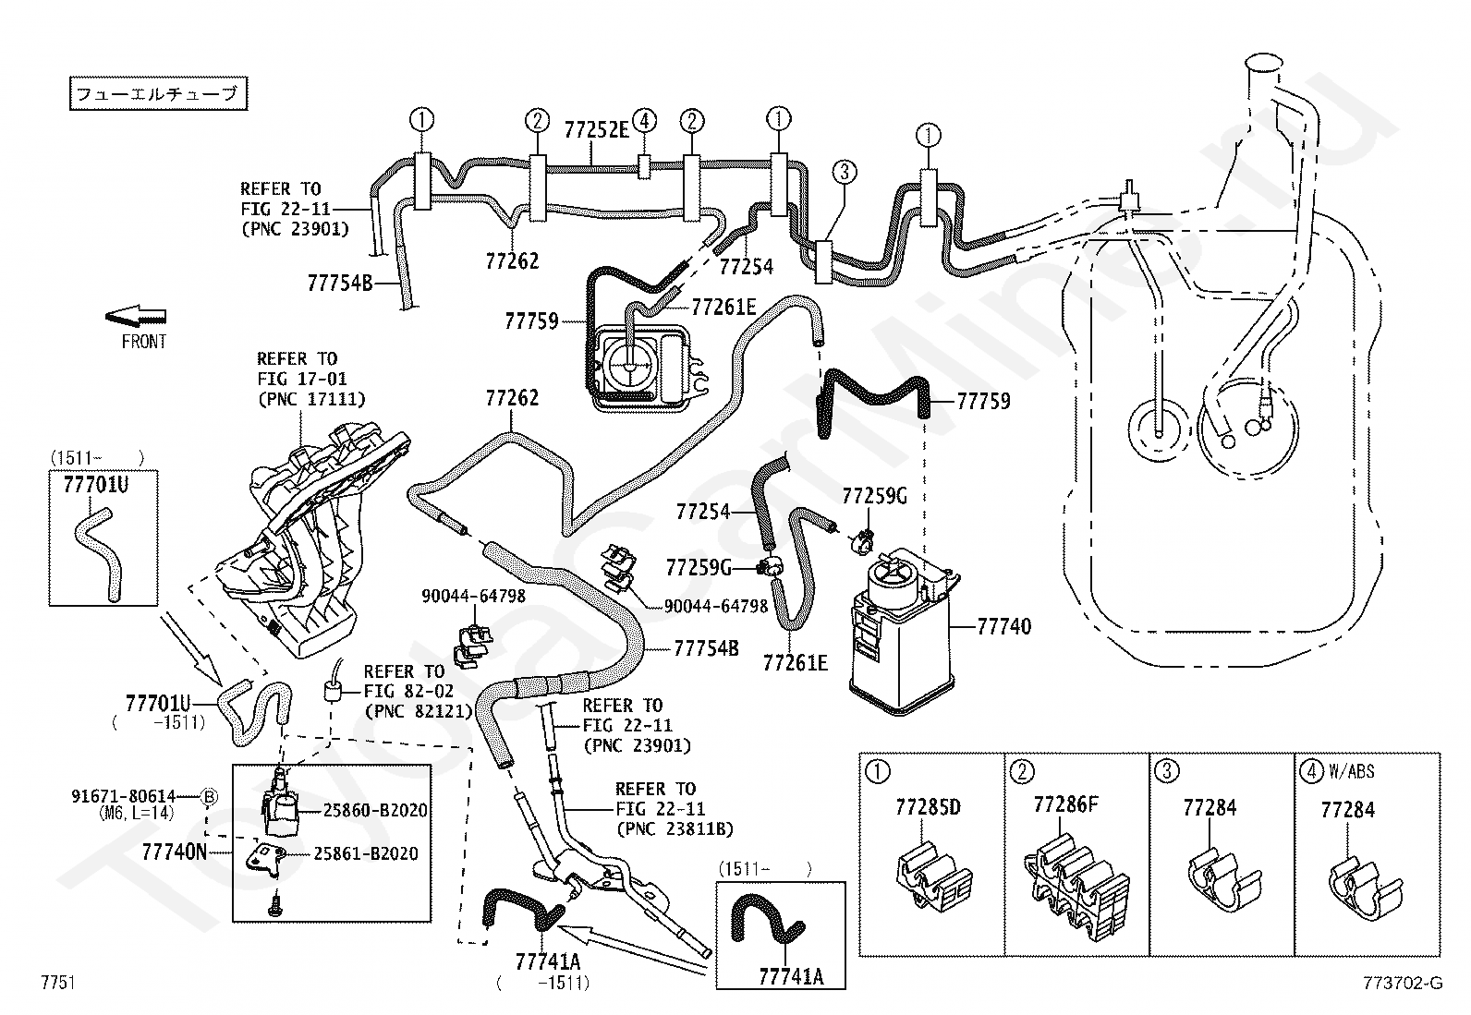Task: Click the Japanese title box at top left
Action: click(x=158, y=93)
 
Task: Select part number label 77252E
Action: click(x=596, y=130)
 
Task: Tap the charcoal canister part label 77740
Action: click(x=1004, y=626)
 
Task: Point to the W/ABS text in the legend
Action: click(x=1352, y=771)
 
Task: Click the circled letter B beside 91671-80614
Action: click(x=209, y=796)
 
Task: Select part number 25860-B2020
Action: click(x=375, y=810)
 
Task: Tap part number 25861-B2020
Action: click(x=366, y=853)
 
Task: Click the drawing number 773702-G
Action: click(x=1403, y=983)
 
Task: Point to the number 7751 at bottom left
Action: click(x=58, y=982)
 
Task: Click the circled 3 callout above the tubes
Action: click(x=845, y=172)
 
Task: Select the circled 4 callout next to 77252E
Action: click(x=644, y=121)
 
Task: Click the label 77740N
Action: click(x=174, y=852)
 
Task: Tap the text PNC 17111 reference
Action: click(x=312, y=398)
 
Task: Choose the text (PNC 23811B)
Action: click(x=675, y=829)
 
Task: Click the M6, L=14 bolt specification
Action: click(x=137, y=813)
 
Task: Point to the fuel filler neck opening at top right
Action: click(x=1264, y=63)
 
